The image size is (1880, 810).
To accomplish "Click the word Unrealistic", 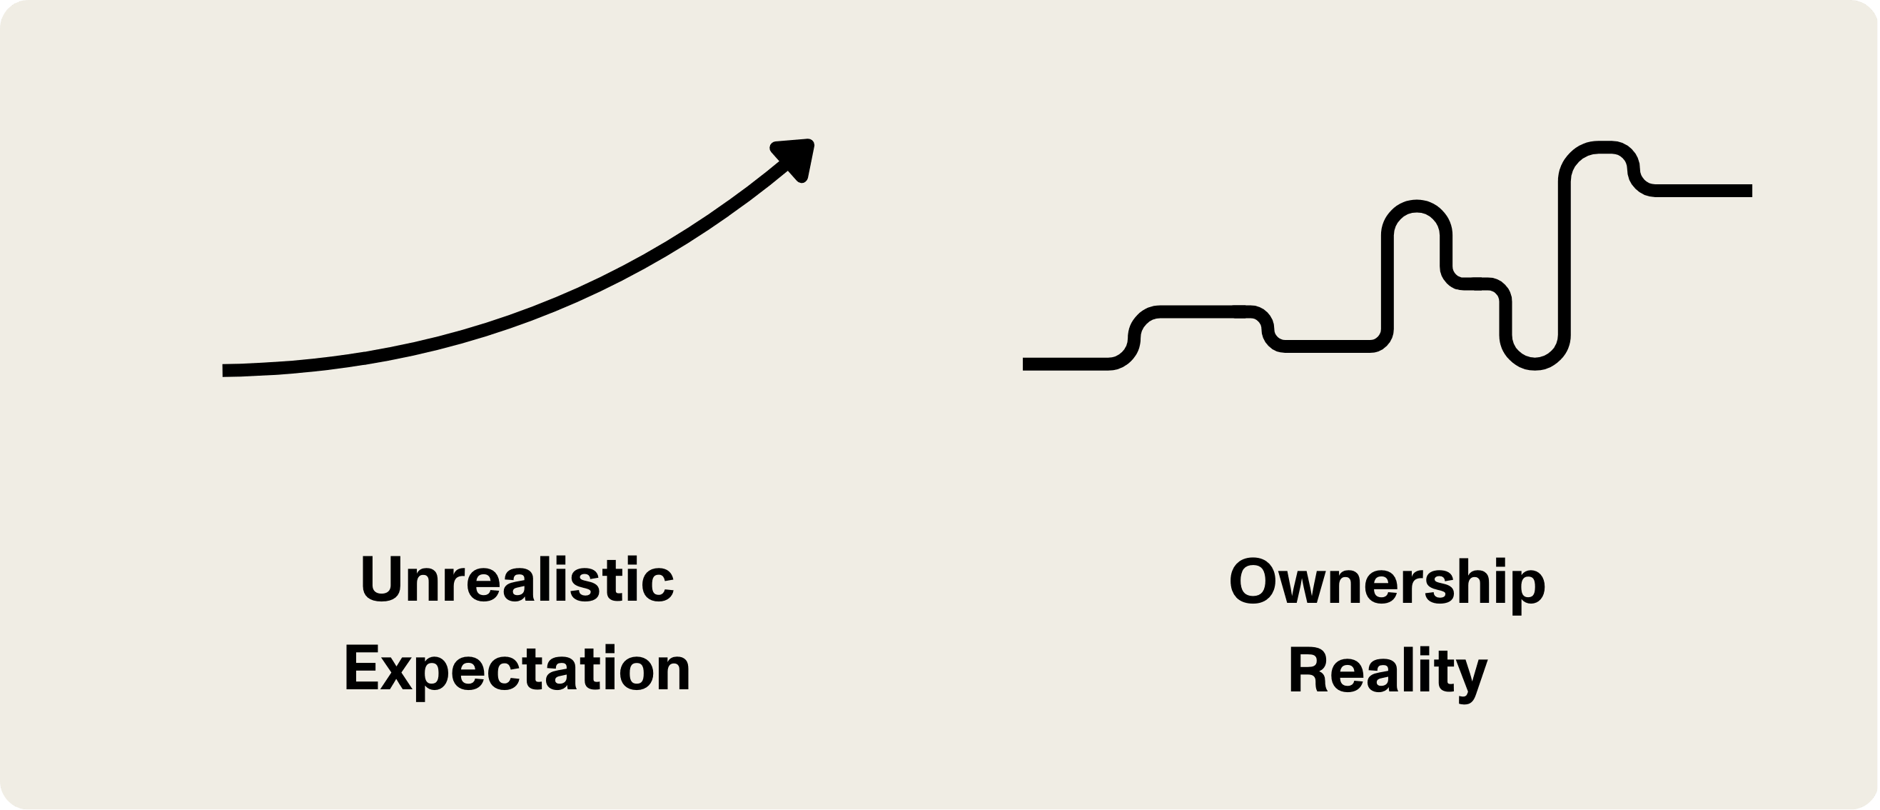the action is (x=517, y=580).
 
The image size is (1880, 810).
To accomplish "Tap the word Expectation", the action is (x=517, y=670).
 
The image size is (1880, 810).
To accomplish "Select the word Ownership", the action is (x=1387, y=583).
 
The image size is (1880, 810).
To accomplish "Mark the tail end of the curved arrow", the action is (x=226, y=370).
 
